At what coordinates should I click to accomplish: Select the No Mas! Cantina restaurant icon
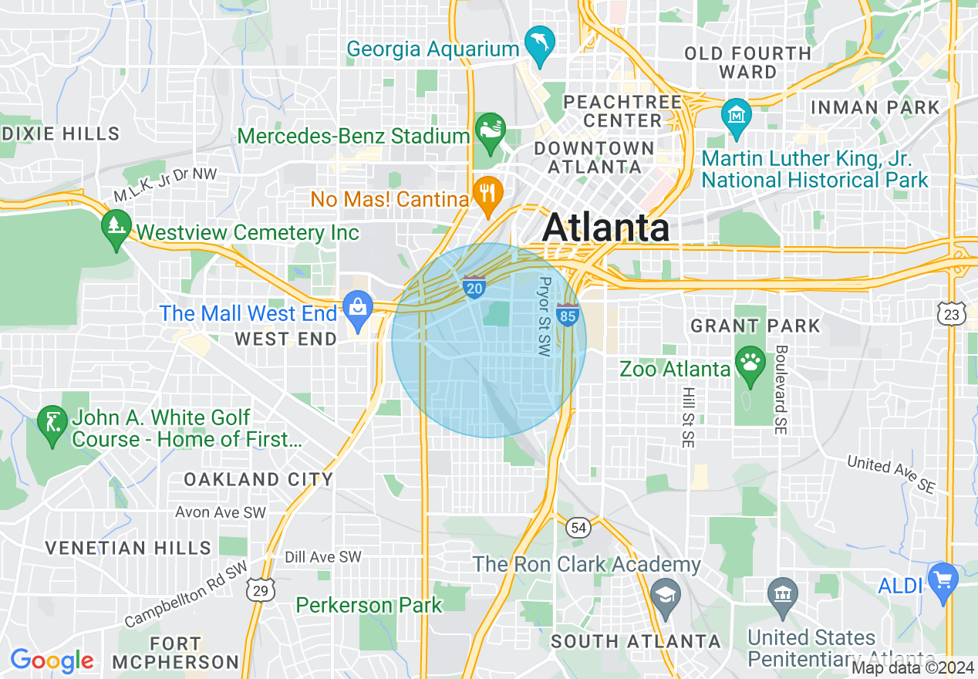coord(487,191)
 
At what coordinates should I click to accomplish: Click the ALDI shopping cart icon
coord(943,579)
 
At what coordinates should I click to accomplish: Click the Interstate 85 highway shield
coord(568,314)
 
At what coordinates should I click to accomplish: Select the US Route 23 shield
coord(952,312)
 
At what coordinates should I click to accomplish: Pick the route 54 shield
coord(578,528)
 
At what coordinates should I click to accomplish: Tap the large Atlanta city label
coord(605,228)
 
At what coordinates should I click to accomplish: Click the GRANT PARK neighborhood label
coord(755,326)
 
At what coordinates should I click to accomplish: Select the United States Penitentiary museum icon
coord(784,595)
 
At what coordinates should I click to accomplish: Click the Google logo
coord(52,660)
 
